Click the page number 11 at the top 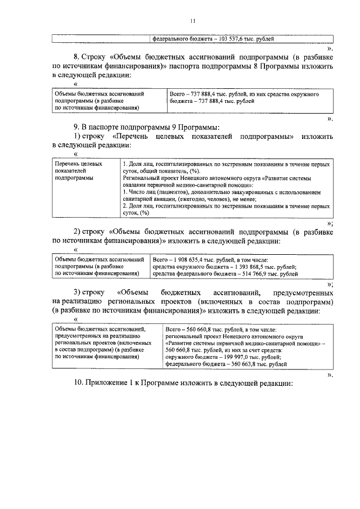192,21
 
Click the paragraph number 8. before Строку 77,57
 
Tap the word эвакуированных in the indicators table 241,192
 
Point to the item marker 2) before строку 79,231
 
